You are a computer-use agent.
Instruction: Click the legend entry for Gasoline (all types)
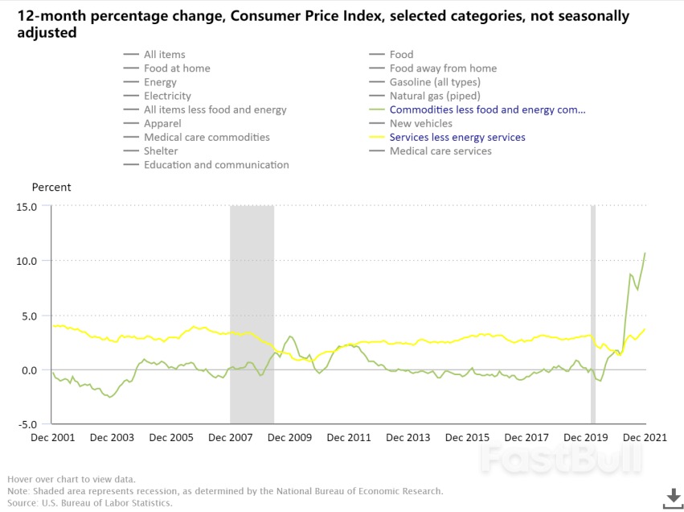coord(435,82)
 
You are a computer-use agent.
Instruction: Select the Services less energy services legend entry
coord(457,138)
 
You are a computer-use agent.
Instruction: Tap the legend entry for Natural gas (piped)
coord(435,96)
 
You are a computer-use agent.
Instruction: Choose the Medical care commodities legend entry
coord(207,138)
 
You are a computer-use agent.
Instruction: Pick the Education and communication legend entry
coord(216,165)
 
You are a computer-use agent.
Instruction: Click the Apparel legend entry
coord(162,124)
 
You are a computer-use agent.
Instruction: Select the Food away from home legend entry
coord(443,68)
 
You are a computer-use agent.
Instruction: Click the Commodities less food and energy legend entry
coord(487,109)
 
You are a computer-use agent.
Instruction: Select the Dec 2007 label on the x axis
coord(231,437)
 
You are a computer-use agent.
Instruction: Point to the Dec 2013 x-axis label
coord(408,437)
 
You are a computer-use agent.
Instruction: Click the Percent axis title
coord(51,188)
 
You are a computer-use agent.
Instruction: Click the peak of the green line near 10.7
coord(645,254)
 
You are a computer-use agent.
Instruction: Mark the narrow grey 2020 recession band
coord(593,314)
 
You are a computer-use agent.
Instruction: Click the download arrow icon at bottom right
coord(672,498)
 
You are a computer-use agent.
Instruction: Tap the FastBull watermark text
coord(562,459)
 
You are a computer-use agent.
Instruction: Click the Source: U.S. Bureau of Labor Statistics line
coord(90,503)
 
